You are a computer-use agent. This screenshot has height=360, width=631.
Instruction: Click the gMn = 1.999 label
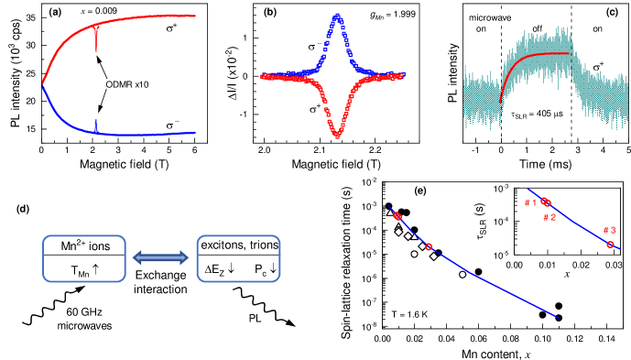[x=393, y=14]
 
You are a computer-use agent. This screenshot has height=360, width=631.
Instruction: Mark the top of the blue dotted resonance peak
[x=337, y=16]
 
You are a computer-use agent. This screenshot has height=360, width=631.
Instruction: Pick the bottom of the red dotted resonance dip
[x=337, y=136]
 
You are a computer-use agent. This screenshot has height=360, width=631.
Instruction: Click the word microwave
[x=490, y=17]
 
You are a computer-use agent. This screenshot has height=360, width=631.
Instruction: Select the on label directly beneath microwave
[x=481, y=28]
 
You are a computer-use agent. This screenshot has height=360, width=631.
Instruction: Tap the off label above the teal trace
[x=538, y=28]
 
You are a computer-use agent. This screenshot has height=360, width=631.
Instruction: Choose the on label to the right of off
[x=597, y=28]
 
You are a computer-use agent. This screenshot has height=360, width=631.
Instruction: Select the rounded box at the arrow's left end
[x=84, y=258]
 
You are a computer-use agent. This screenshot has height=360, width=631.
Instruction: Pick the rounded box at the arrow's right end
[x=239, y=258]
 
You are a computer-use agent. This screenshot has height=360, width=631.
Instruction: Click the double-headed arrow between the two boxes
[x=161, y=257]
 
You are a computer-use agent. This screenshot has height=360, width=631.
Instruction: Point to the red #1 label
[x=530, y=202]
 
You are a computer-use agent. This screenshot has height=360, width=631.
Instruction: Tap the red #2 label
[x=549, y=217]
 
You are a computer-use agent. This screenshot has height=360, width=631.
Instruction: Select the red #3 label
[x=609, y=230]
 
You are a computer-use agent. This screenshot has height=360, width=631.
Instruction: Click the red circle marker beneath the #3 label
[x=610, y=245]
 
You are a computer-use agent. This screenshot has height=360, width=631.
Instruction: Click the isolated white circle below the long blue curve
[x=462, y=274]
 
